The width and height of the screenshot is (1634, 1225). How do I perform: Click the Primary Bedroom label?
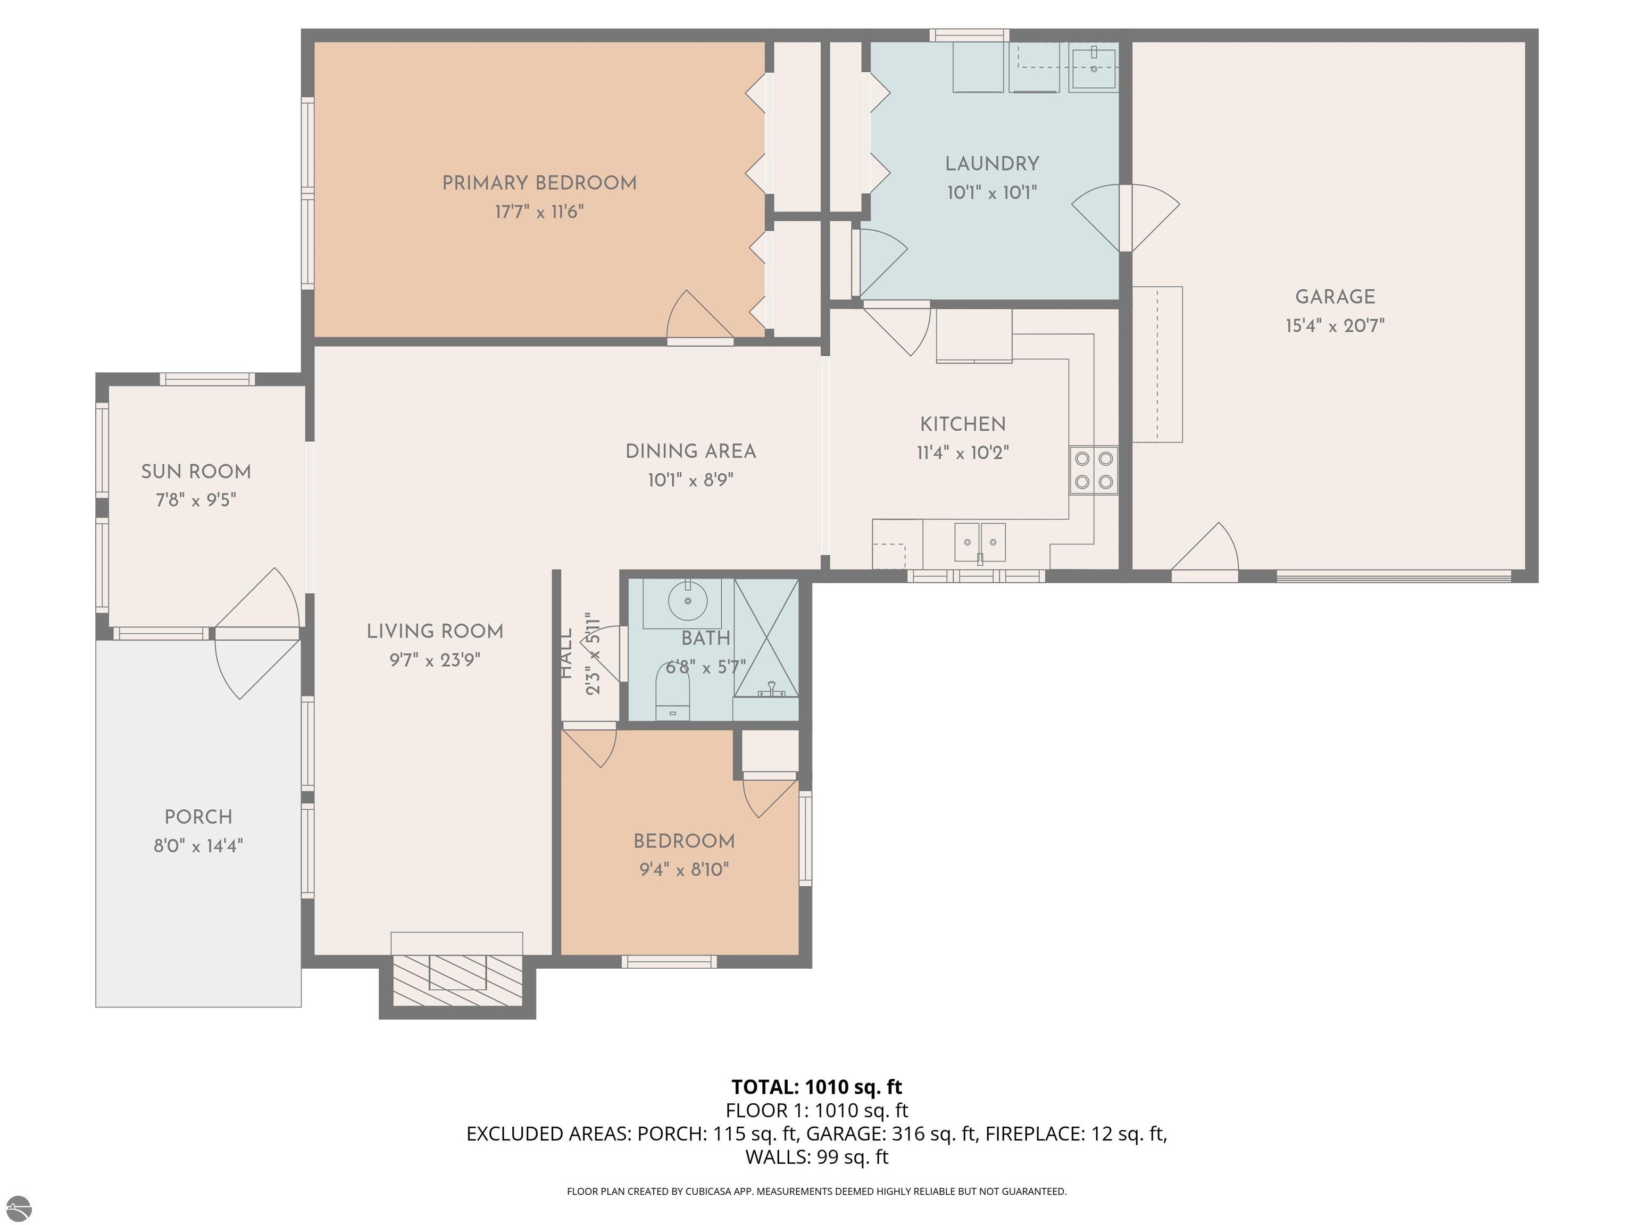pos(539,183)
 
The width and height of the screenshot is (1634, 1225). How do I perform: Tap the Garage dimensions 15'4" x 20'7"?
pos(1335,325)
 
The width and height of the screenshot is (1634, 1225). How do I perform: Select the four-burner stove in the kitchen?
pos(1093,471)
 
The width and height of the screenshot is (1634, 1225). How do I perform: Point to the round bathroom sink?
pos(688,600)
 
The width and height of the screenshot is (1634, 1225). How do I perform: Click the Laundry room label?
pos(992,164)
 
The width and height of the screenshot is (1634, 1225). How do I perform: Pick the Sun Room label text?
pos(196,472)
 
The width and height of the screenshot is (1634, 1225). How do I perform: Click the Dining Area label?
pos(691,451)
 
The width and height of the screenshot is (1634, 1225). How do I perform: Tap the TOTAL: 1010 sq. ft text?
pos(816,1087)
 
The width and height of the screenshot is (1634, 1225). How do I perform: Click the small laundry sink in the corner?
pos(1093,67)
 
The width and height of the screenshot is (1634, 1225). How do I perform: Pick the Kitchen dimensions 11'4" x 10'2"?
pos(963,452)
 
